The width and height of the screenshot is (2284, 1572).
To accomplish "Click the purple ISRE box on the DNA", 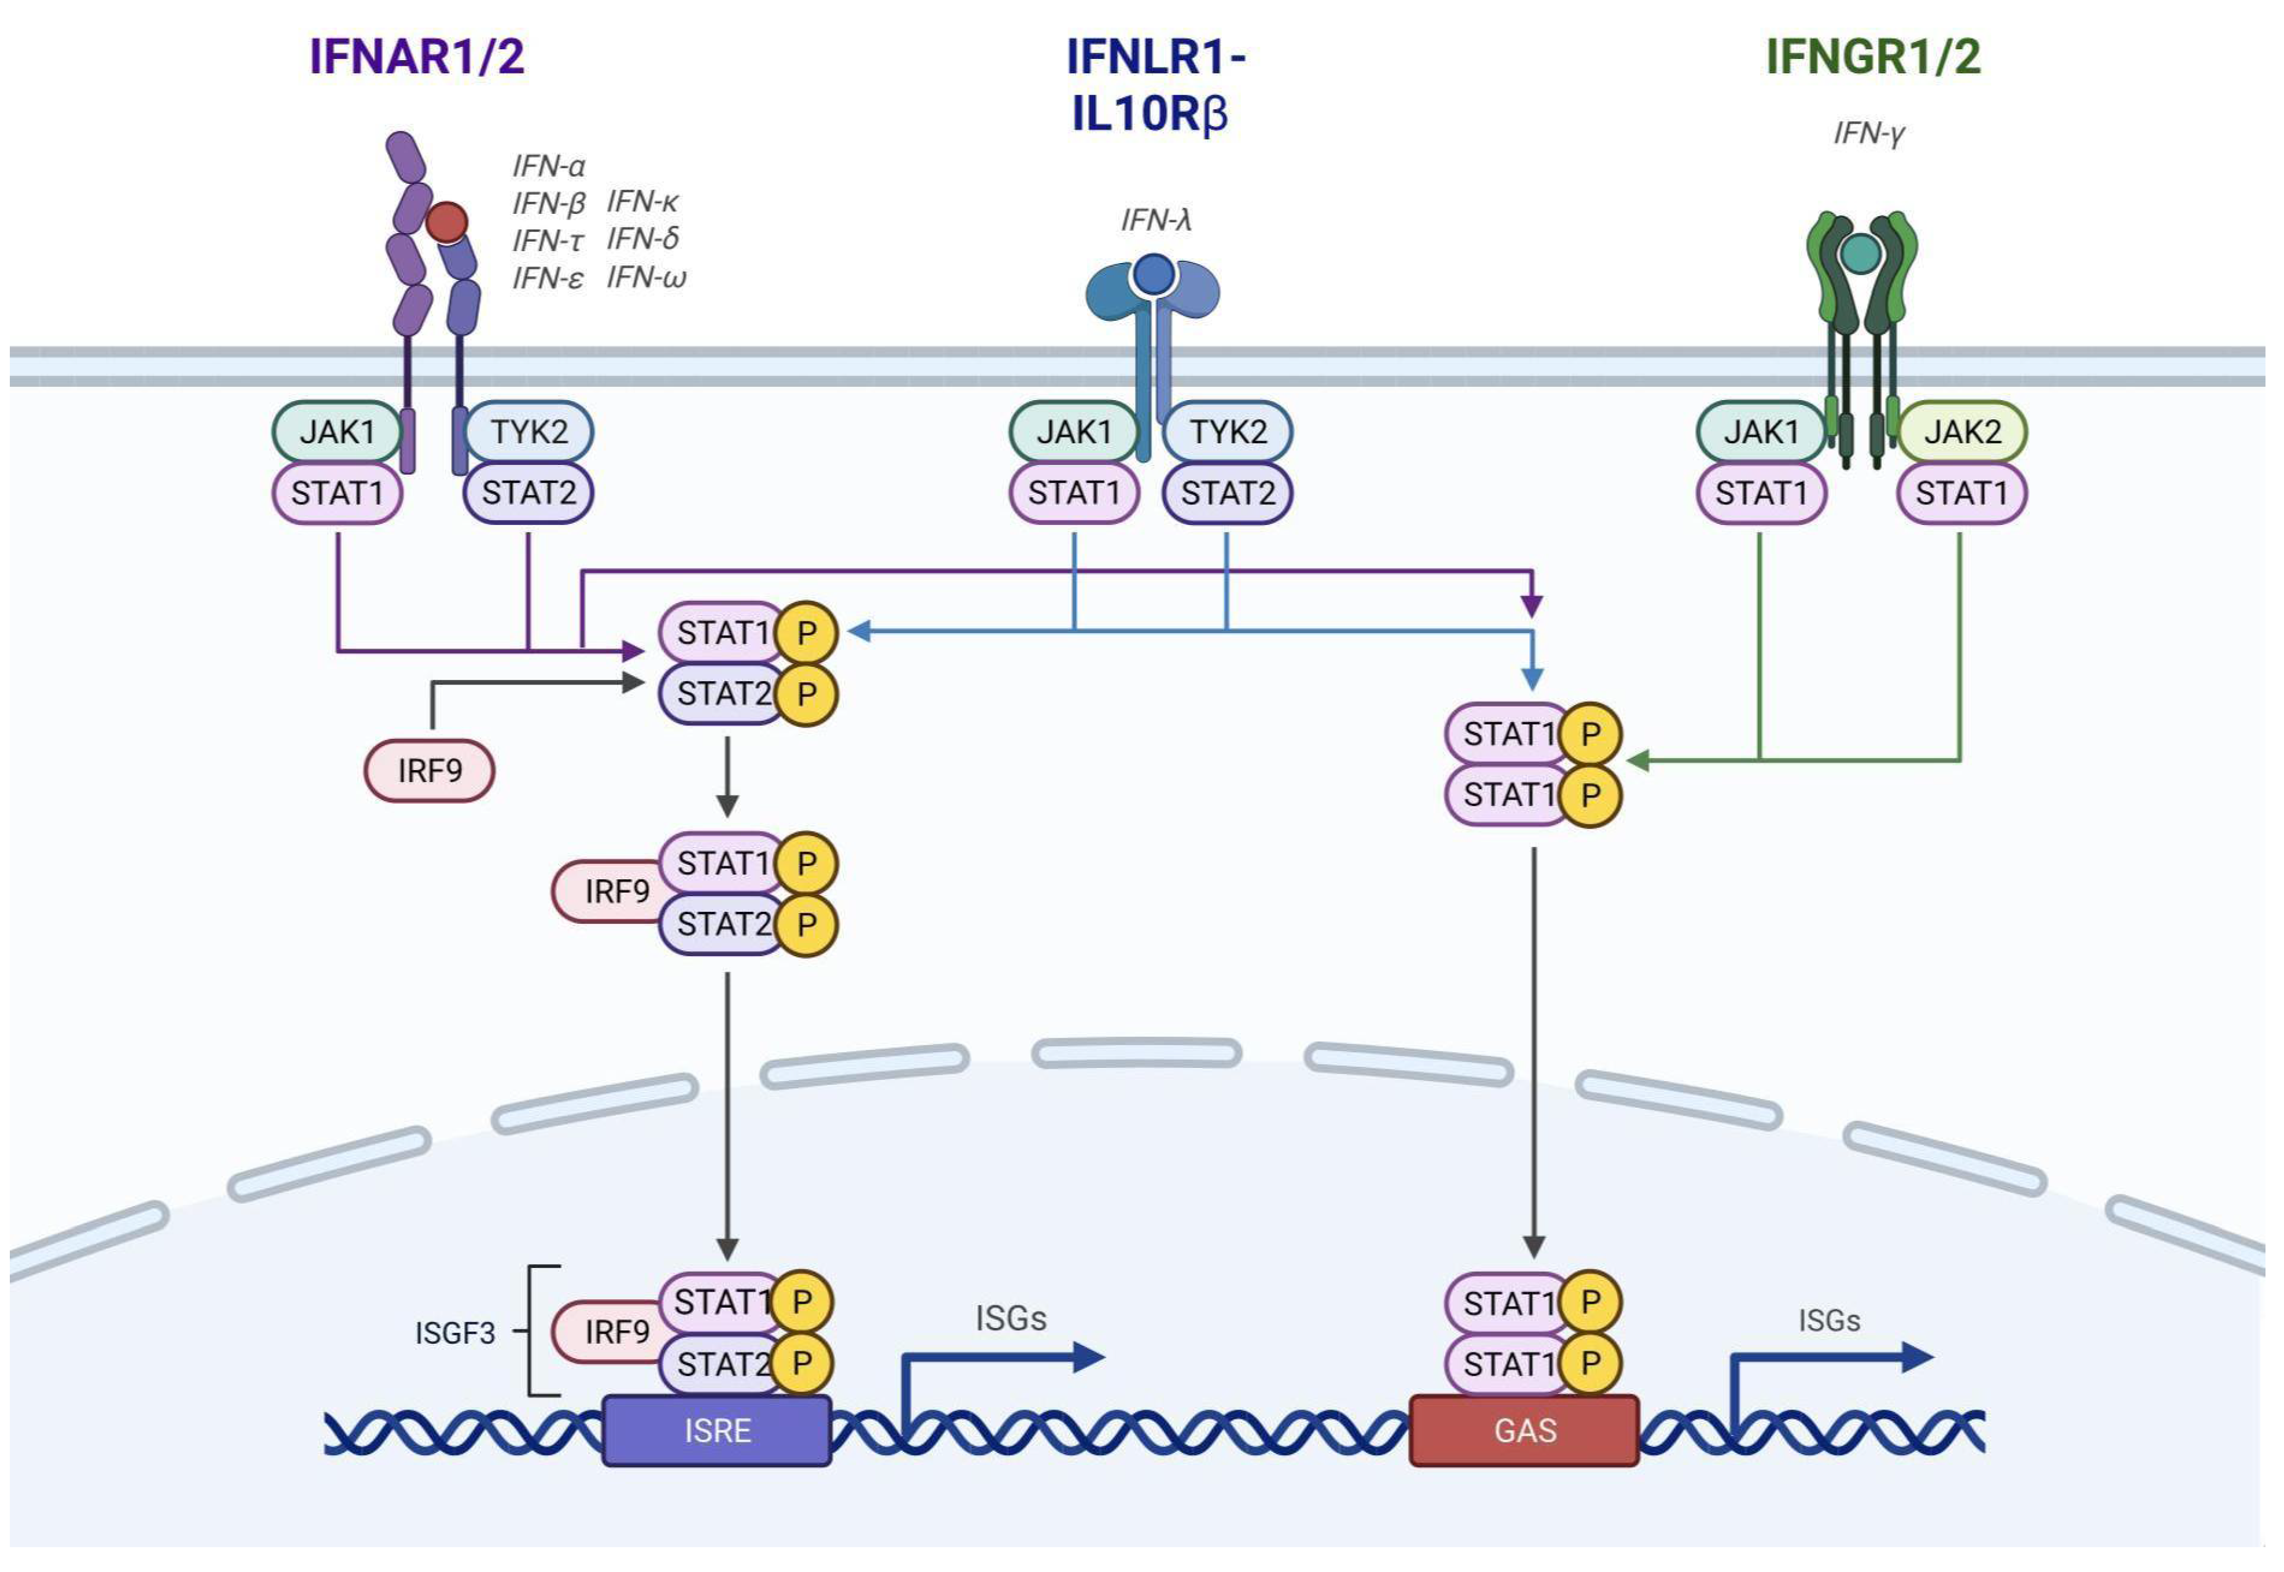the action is point(717,1430).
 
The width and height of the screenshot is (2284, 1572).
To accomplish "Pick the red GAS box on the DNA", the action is point(1525,1430).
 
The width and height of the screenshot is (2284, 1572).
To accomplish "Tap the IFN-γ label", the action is point(1868,133).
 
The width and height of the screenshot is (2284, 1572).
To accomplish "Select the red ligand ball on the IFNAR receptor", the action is point(446,223).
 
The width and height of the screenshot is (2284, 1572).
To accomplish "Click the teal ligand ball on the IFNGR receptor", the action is point(1861,253).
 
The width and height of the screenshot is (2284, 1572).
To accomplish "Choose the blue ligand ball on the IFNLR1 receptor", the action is point(1154,275).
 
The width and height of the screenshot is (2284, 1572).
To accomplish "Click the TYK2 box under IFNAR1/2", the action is point(529,431).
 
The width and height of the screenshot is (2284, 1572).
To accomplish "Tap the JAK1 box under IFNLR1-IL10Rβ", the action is point(1074,431).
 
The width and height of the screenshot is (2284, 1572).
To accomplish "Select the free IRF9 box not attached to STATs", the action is point(430,770).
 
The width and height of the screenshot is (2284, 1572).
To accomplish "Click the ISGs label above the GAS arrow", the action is point(1829,1321).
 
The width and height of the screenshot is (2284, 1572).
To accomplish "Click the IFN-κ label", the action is point(642,202).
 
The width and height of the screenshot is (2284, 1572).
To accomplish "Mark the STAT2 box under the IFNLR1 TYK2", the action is point(1227,493).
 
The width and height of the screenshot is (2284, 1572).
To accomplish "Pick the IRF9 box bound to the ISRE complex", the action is point(612,1331).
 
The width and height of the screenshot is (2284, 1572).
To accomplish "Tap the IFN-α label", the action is point(549,165).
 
